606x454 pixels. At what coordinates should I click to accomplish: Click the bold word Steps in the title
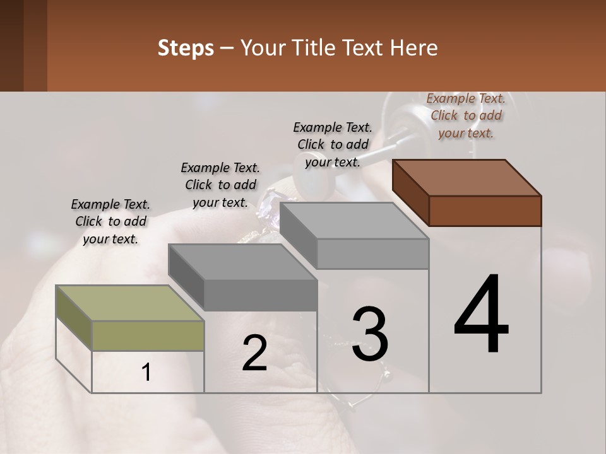[x=186, y=48]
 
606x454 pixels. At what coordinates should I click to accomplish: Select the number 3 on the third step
[x=369, y=334]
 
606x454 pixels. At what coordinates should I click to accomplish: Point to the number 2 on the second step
[x=254, y=353]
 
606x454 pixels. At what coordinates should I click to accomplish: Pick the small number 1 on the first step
[x=146, y=372]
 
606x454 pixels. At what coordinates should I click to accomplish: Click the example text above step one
[x=110, y=221]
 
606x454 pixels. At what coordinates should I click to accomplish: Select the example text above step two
[x=220, y=185]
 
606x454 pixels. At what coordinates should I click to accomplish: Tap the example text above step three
[x=333, y=144]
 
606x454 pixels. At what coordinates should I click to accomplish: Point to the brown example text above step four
[x=466, y=115]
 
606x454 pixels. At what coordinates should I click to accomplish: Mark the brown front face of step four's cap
[x=485, y=211]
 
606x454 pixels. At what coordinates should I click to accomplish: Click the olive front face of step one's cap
[x=148, y=336]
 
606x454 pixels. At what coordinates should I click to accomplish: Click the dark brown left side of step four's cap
[x=411, y=193]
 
